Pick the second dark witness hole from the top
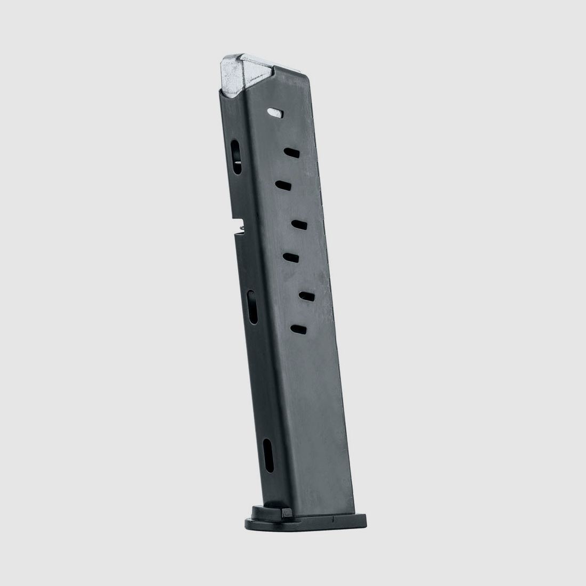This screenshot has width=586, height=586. [x=283, y=184]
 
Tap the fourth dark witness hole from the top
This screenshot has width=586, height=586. [x=291, y=258]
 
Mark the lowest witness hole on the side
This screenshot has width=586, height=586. [x=299, y=329]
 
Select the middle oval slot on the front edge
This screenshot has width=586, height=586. [x=253, y=307]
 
